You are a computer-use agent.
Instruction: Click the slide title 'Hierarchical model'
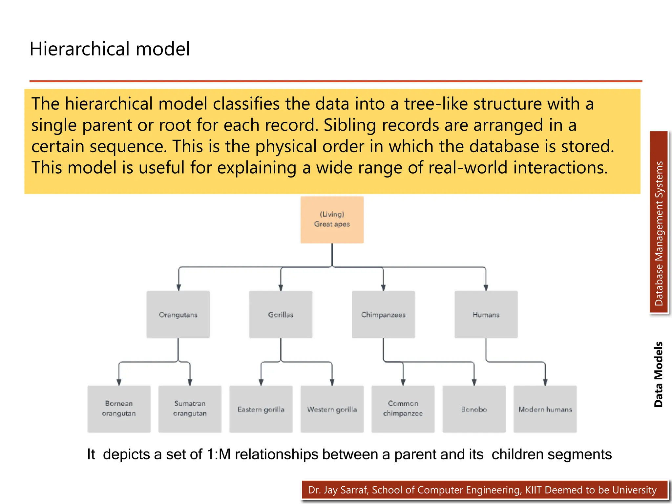click(110, 49)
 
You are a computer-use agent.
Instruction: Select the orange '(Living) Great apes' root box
click(332, 220)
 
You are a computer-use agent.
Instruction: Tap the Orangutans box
click(178, 314)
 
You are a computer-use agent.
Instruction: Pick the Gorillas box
click(281, 314)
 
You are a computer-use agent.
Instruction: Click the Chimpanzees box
click(383, 314)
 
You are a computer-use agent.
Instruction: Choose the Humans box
click(486, 314)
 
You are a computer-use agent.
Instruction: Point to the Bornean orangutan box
click(119, 409)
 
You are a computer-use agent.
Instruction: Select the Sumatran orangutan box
click(190, 409)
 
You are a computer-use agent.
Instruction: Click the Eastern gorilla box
click(261, 409)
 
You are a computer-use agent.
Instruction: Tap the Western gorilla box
click(332, 409)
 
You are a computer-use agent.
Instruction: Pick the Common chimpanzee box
click(403, 409)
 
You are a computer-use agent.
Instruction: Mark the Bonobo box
click(474, 409)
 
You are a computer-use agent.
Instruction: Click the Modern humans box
click(545, 409)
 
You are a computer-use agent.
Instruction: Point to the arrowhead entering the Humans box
click(486, 288)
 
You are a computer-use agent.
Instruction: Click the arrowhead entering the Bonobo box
click(474, 382)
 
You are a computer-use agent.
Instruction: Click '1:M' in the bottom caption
click(219, 454)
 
